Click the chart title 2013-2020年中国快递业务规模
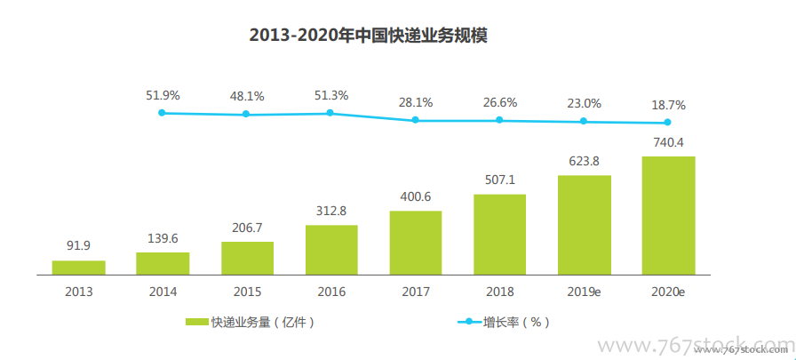(368, 36)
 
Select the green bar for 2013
(78, 267)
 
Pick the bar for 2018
(499, 234)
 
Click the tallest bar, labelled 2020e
(668, 215)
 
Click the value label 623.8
(584, 162)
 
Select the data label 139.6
(163, 239)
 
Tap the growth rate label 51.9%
(163, 95)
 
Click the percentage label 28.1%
(415, 102)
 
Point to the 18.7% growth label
(668, 104)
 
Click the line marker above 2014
(162, 113)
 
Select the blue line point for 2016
(330, 113)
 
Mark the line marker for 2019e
(584, 121)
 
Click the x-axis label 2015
(247, 291)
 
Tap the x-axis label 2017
(415, 291)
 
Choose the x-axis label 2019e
(584, 291)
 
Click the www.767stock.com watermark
(702, 346)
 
